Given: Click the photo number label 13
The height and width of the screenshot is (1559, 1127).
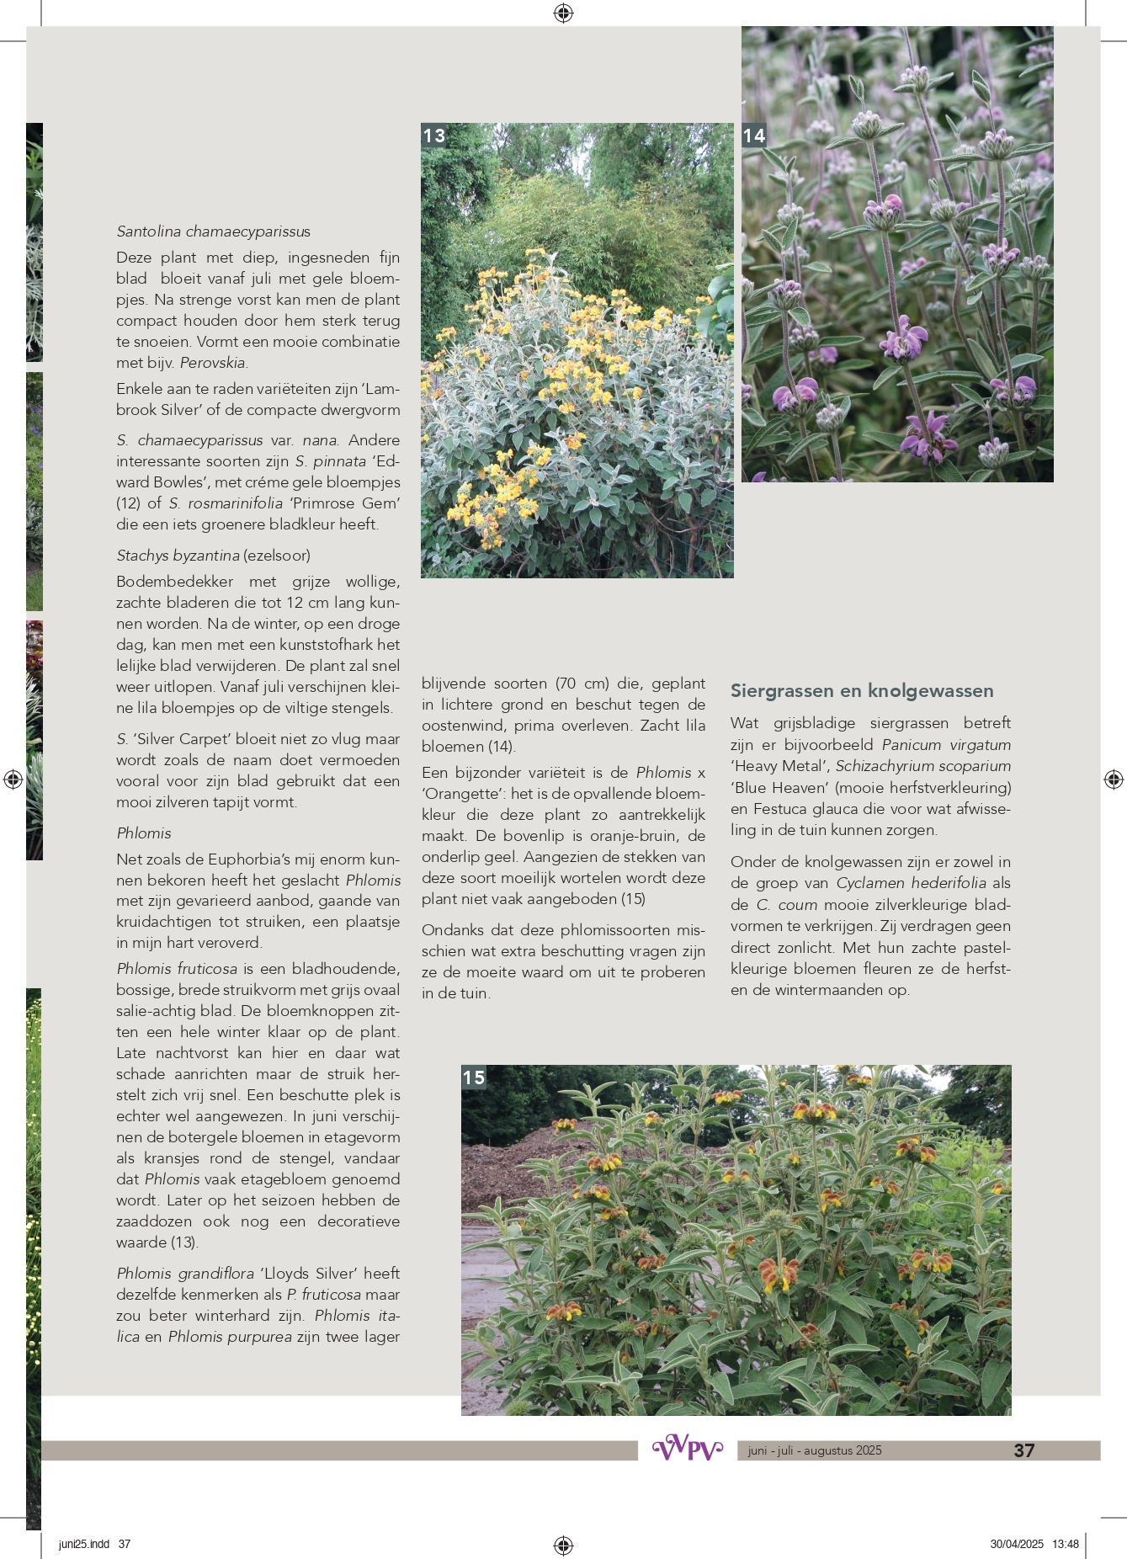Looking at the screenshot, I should pos(434,136).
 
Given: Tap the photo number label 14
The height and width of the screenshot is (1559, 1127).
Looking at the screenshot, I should pos(754,136).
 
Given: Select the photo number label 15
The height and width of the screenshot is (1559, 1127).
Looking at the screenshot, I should pos(474,1077).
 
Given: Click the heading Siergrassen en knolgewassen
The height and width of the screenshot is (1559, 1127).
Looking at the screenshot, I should pos(861,691).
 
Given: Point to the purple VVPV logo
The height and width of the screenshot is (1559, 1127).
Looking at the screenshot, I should pos(688,1449).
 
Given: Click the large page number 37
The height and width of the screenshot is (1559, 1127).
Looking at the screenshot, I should pos(1023,1450).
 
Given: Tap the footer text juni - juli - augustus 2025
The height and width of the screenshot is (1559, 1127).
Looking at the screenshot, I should pos(814,1450).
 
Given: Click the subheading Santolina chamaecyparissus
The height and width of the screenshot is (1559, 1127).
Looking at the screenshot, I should pos(213,231).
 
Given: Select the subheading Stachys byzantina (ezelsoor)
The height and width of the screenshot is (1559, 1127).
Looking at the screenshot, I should pos(213,556).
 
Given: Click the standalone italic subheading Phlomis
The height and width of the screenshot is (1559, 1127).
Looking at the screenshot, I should pos(144,833).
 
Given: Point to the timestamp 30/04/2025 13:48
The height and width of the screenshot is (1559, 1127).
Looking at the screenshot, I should pos(1034,1544).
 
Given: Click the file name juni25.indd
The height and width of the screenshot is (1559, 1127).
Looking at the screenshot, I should pos(84,1544).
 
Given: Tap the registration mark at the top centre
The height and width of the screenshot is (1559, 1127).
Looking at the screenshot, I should pos(563,13).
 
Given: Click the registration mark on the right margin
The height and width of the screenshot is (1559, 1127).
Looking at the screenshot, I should pos(1113,779).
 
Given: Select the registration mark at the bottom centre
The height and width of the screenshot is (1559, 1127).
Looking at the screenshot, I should pos(563,1545).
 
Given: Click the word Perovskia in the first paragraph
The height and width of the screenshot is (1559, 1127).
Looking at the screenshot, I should pos(213,363).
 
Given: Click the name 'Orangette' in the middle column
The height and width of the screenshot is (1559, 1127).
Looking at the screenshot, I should pos(461,794).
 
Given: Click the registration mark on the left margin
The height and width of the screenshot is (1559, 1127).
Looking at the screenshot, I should pos(13,779).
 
